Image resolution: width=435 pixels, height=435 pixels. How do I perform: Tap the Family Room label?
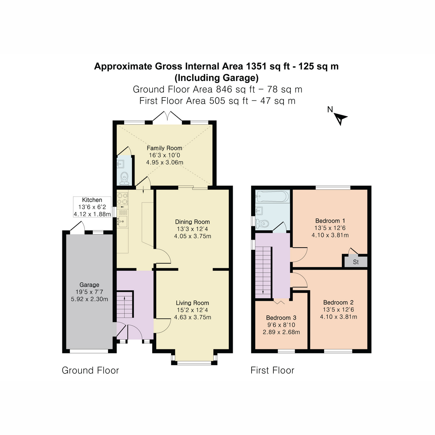click(x=164, y=148)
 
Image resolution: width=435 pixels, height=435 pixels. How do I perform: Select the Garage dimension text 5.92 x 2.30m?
click(x=90, y=299)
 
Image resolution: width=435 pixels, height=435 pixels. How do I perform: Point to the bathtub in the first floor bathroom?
click(x=272, y=197)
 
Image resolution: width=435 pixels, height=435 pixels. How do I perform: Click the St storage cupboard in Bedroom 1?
click(x=356, y=262)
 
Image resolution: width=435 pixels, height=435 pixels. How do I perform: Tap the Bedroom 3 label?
click(x=281, y=318)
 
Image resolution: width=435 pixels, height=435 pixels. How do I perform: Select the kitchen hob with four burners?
click(x=123, y=198)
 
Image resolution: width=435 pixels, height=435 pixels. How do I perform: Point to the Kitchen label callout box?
click(x=92, y=207)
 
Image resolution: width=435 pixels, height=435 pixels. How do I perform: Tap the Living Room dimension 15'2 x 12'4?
click(x=192, y=310)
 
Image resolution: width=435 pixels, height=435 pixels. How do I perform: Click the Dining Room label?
click(x=192, y=222)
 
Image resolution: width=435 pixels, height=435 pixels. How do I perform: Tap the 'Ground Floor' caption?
click(x=90, y=370)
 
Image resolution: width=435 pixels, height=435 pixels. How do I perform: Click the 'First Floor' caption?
click(x=272, y=370)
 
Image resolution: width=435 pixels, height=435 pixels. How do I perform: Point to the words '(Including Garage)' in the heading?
click(x=216, y=78)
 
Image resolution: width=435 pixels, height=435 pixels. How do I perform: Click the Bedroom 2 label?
click(x=338, y=302)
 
